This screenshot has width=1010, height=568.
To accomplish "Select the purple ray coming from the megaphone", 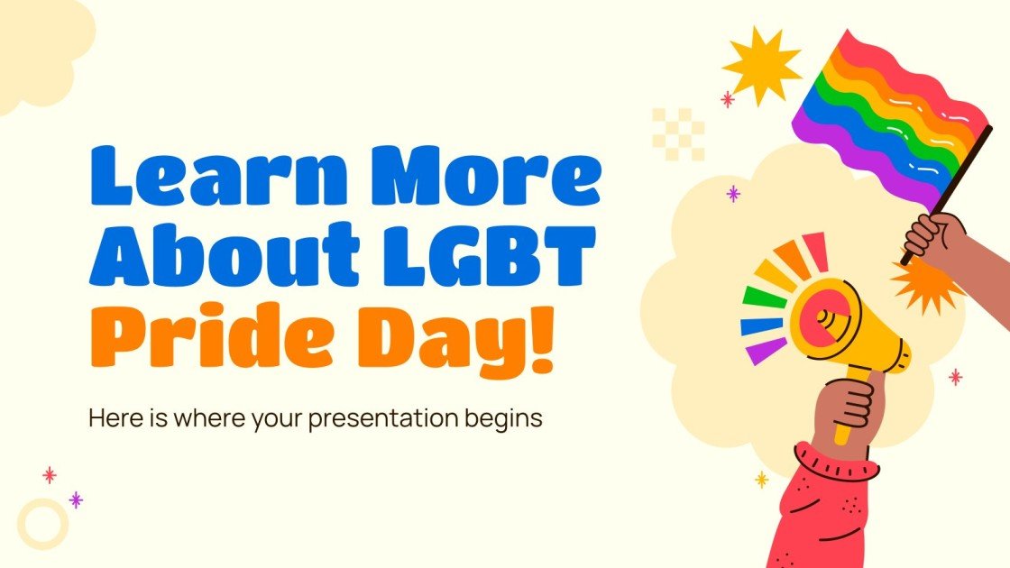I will point(766,350).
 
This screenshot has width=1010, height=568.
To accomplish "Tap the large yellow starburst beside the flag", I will point(761,63).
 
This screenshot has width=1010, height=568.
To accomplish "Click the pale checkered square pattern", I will point(677,134).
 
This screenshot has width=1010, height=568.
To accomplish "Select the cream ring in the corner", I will point(42,523).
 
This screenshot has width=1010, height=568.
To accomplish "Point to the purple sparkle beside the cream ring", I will point(76,499).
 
